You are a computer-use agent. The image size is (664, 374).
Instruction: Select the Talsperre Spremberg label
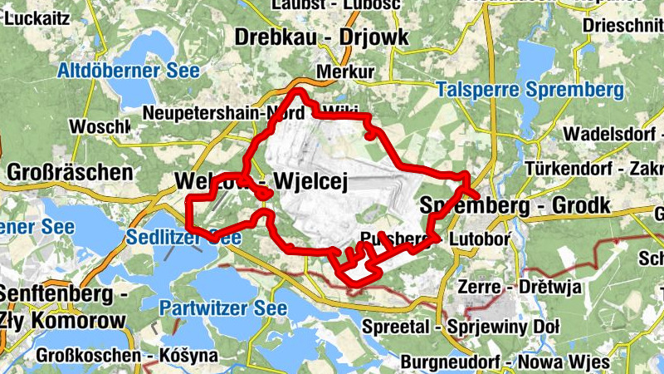coord(529,89)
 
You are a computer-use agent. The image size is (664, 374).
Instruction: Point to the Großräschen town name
coord(70,173)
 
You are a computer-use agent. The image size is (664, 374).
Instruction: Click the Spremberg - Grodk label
coord(515,204)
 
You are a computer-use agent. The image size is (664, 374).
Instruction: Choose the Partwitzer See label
coord(223,308)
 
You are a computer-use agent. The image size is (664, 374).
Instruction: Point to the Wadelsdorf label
coord(610,135)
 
